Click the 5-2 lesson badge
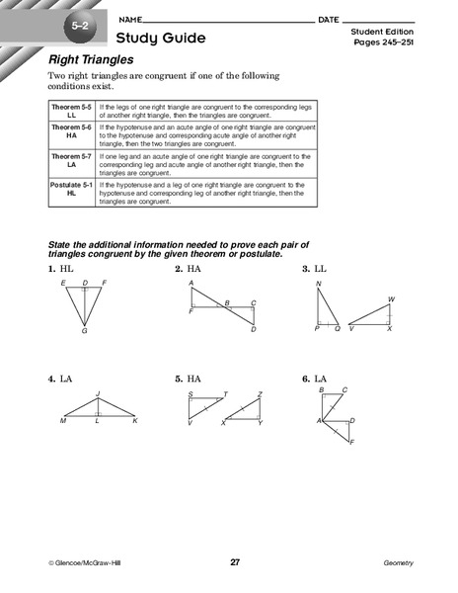(78, 21)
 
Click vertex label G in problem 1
(85, 331)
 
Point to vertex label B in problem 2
(226, 302)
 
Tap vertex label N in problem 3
(318, 284)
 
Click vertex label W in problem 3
(392, 298)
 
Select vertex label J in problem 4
(98, 393)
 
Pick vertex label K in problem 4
(135, 421)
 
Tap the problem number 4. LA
(60, 378)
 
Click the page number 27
(235, 562)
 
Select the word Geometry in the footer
(398, 562)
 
